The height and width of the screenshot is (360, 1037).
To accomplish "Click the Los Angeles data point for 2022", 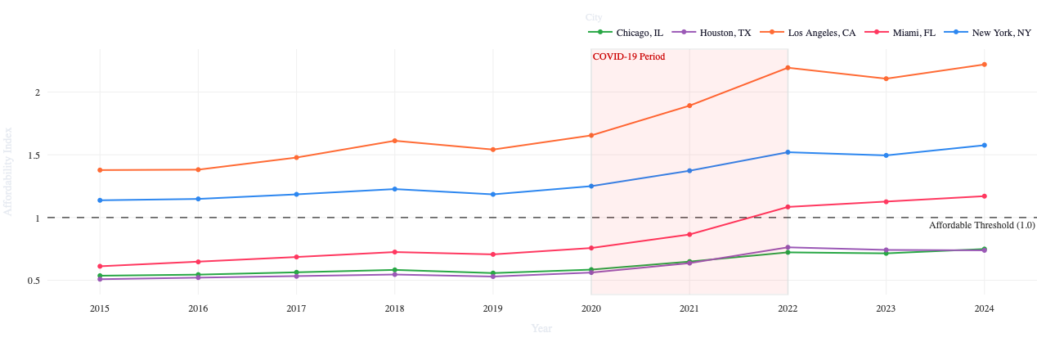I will pyautogui.click(x=788, y=68).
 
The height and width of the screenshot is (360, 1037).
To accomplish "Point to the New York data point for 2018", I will pyautogui.click(x=394, y=189).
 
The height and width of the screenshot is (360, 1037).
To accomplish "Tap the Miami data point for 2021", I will pyautogui.click(x=689, y=235).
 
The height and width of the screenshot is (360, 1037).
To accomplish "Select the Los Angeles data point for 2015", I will pyautogui.click(x=100, y=170).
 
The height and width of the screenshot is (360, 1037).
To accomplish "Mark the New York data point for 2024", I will pyautogui.click(x=984, y=146).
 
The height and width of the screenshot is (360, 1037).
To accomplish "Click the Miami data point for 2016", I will pyautogui.click(x=198, y=262).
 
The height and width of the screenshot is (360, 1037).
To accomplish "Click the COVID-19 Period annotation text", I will pyautogui.click(x=628, y=57).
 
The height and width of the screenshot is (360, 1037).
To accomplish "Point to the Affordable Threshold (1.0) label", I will pyautogui.click(x=981, y=225).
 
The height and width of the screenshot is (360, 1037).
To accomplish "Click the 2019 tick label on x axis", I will pyautogui.click(x=492, y=308).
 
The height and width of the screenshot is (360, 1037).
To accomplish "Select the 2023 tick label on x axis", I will pyautogui.click(x=886, y=308).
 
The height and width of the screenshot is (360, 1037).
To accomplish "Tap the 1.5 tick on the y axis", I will pyautogui.click(x=33, y=155).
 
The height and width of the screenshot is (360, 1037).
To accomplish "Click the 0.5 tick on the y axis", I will pyautogui.click(x=33, y=281).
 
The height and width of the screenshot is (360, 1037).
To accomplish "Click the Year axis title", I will pyautogui.click(x=541, y=329).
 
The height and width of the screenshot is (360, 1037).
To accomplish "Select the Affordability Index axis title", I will pyautogui.click(x=8, y=171).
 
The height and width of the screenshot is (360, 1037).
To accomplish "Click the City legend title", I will pyautogui.click(x=594, y=18).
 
